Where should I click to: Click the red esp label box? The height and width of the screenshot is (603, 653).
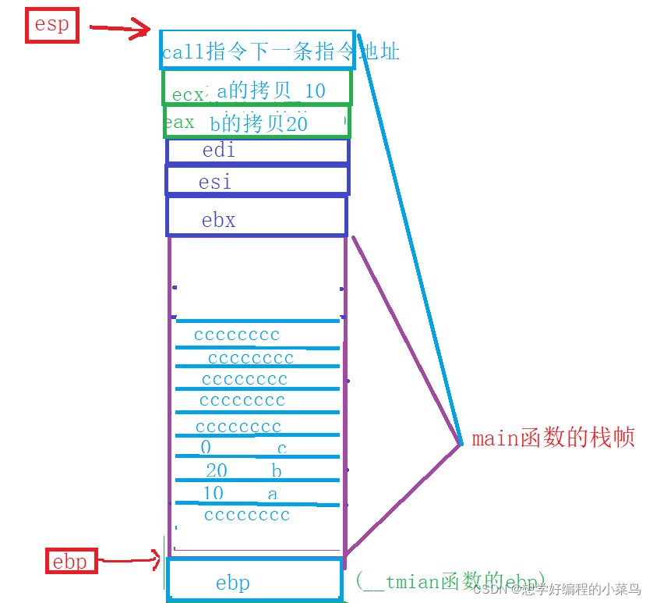(51, 26)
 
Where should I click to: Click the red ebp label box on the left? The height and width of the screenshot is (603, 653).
(70, 561)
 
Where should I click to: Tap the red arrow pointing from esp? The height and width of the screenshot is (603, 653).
(118, 30)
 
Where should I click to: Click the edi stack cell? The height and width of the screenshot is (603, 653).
(257, 151)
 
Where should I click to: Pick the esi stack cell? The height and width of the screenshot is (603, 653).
(257, 180)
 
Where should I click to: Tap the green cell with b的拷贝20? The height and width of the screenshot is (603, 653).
(257, 122)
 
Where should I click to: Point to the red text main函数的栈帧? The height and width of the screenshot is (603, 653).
(553, 438)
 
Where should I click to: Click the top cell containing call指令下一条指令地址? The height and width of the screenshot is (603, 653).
(258, 51)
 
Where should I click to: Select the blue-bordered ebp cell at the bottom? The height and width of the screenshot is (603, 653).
(255, 579)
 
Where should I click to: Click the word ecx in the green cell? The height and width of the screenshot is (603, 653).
(188, 95)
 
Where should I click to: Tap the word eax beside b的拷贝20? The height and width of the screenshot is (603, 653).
(179, 122)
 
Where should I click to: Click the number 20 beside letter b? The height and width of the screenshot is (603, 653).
(217, 470)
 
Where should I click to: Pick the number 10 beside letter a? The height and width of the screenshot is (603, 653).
(213, 493)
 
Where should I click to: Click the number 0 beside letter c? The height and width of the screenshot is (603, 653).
(206, 448)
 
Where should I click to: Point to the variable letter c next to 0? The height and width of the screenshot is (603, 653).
(282, 449)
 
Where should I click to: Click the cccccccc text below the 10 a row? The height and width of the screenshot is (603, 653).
(247, 515)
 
